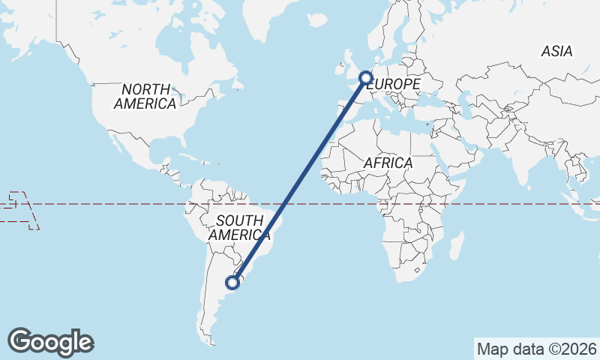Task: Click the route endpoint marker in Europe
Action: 366,76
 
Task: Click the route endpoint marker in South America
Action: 233,283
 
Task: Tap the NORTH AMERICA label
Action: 145,97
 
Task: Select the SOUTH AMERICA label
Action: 236,227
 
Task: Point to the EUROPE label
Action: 395,85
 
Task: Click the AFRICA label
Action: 388,163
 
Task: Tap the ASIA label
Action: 556,51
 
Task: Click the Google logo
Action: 50,342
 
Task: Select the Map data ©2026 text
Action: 536,349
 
